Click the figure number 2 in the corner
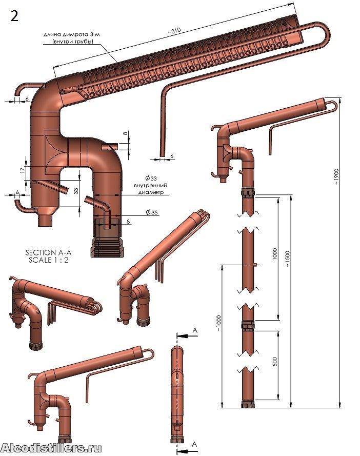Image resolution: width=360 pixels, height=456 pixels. [14, 16]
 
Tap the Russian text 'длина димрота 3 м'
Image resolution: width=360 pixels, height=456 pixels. [71, 34]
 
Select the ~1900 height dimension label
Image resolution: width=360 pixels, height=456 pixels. [336, 176]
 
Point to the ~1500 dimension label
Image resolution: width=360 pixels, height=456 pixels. [287, 259]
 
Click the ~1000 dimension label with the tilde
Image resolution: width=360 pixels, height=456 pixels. [219, 324]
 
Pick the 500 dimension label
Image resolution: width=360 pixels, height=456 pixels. [275, 361]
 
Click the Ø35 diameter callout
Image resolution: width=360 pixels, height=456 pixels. [151, 212]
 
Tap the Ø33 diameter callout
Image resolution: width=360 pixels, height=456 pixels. [151, 179]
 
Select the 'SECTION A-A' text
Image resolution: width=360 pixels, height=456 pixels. [48, 252]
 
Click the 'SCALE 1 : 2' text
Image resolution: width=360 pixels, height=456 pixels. [49, 260]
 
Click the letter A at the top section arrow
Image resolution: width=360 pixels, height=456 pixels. [195, 330]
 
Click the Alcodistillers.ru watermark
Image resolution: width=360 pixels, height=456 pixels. [51, 448]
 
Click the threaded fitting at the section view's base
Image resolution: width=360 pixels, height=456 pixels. [107, 247]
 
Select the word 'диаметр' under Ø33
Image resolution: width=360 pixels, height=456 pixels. [151, 192]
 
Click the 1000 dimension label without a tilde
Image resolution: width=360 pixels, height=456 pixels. [275, 254]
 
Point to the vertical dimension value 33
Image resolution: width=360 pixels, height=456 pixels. [76, 191]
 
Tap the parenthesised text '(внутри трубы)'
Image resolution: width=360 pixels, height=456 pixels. [73, 42]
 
